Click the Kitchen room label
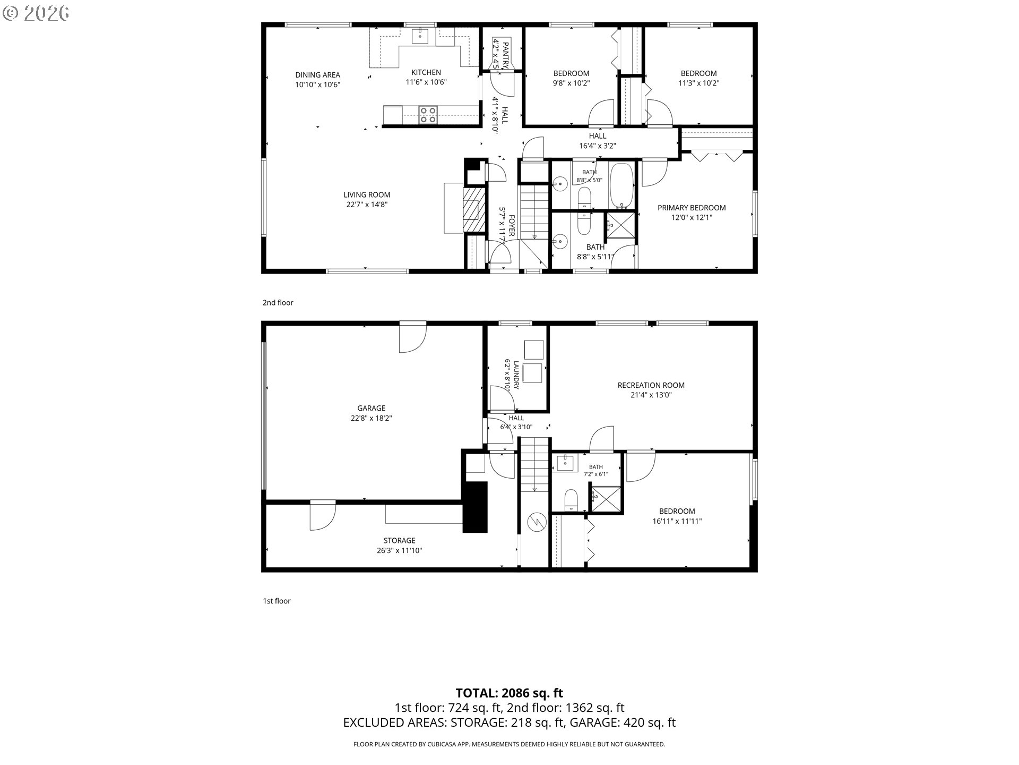(426, 73)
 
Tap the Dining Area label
(318, 75)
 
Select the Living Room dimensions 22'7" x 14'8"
(367, 205)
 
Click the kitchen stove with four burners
(428, 115)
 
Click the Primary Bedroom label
(692, 208)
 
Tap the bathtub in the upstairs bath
(621, 185)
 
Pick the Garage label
(371, 408)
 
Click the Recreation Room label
(651, 385)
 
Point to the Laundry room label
(516, 375)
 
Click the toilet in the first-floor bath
(571, 500)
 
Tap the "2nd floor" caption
(278, 303)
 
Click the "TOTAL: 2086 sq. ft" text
(509, 693)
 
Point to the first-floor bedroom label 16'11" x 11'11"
(677, 521)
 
